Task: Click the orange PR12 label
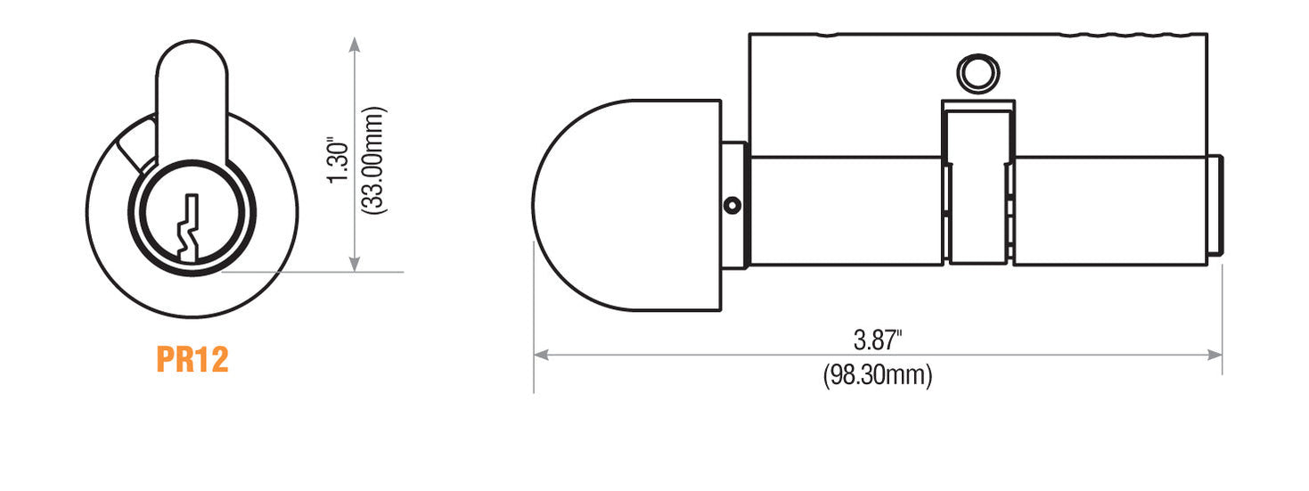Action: (192, 359)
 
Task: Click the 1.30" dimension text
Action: (336, 160)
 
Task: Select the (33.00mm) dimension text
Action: (375, 160)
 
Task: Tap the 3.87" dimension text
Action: (878, 340)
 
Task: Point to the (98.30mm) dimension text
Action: (878, 375)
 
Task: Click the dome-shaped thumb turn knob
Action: (624, 205)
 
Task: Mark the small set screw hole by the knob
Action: (732, 206)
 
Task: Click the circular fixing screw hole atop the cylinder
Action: (977, 72)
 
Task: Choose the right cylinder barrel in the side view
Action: (1109, 211)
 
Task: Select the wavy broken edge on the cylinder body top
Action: (1132, 36)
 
